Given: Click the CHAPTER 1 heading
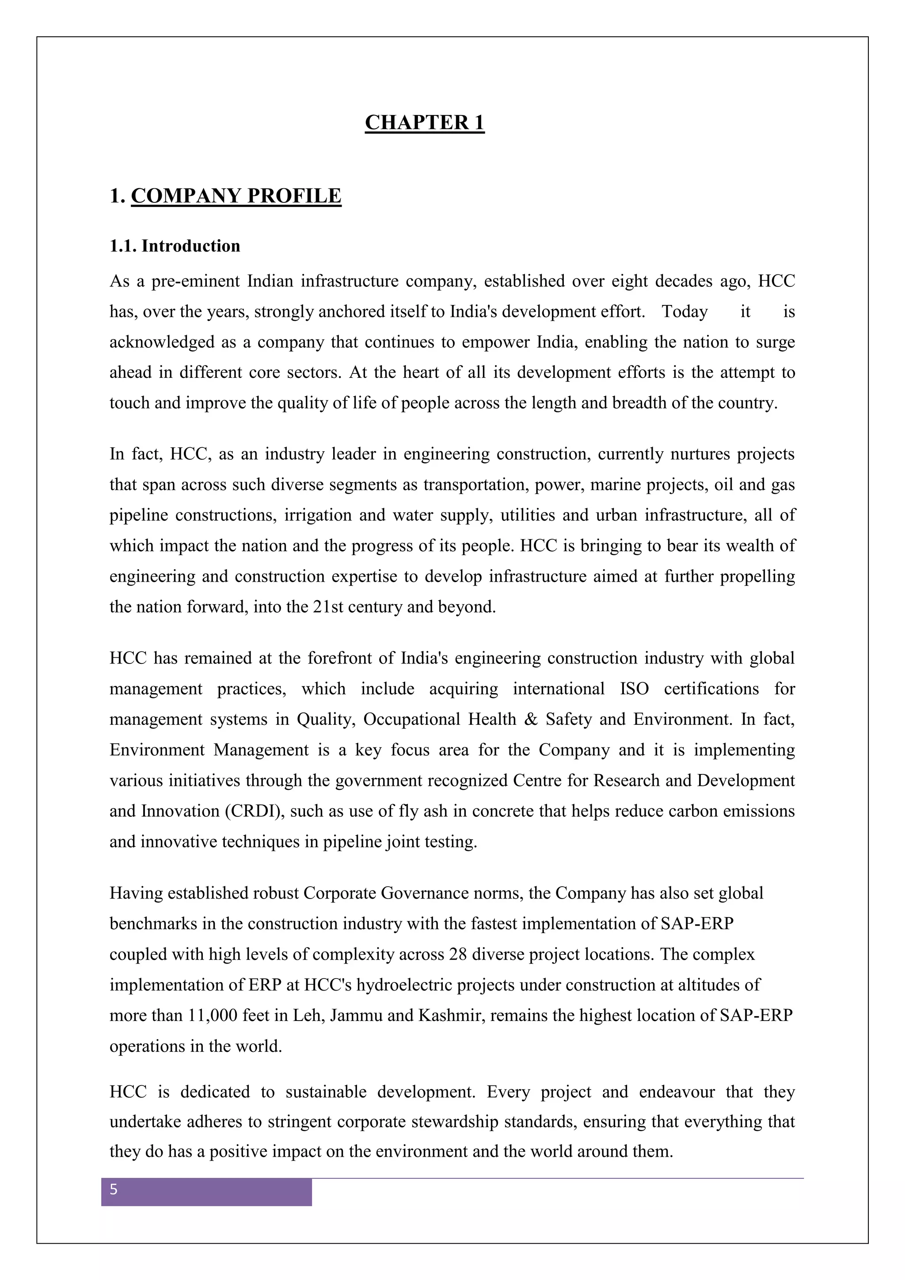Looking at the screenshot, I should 425,122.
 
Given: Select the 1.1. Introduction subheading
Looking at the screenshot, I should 175,246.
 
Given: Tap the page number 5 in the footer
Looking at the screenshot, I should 114,1190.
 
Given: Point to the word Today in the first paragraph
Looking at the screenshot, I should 684,312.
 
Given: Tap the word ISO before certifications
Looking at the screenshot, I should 634,689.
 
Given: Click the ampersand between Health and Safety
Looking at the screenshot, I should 531,720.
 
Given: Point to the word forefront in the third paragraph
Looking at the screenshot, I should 339,659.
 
